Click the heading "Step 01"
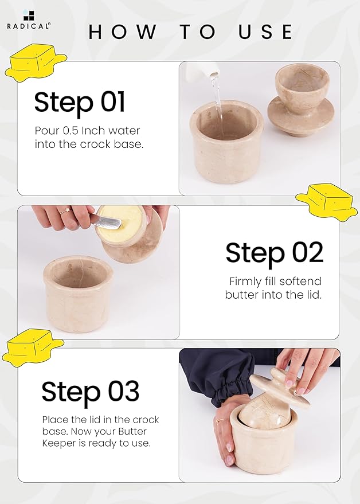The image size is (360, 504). (79, 102)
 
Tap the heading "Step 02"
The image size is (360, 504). (274, 253)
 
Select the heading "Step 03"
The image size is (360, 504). (90, 392)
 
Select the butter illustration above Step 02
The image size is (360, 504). (326, 201)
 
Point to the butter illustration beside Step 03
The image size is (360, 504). (32, 347)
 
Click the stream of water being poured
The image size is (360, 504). (218, 100)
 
